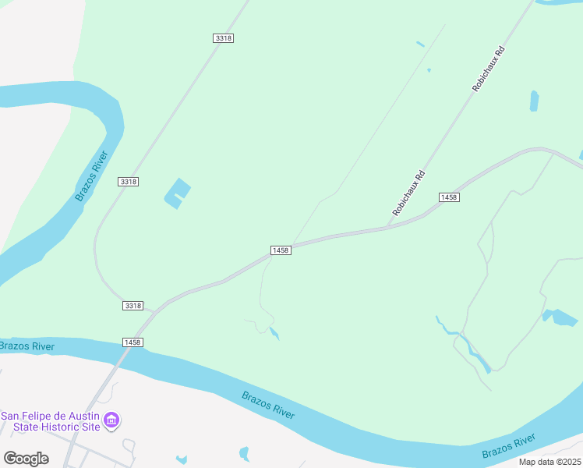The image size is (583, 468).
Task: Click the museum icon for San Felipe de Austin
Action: [111, 422]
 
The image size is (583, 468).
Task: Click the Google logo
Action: [26, 458]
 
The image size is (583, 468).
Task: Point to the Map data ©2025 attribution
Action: [549, 462]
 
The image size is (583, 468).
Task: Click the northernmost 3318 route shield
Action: [223, 38]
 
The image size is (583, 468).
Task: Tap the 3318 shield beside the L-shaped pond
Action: [129, 182]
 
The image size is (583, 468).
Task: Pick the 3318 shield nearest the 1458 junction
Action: [132, 306]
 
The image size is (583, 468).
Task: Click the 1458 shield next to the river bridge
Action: [132, 342]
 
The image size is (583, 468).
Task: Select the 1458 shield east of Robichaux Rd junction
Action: [448, 197]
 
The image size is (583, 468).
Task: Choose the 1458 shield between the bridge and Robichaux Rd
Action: [281, 250]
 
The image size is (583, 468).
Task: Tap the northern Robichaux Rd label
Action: [489, 69]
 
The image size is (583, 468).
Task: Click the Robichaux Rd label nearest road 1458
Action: [408, 193]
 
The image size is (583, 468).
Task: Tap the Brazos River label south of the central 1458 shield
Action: [268, 405]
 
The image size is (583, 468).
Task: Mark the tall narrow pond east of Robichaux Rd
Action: [534, 101]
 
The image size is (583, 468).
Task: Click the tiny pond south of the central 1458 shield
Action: [274, 334]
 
